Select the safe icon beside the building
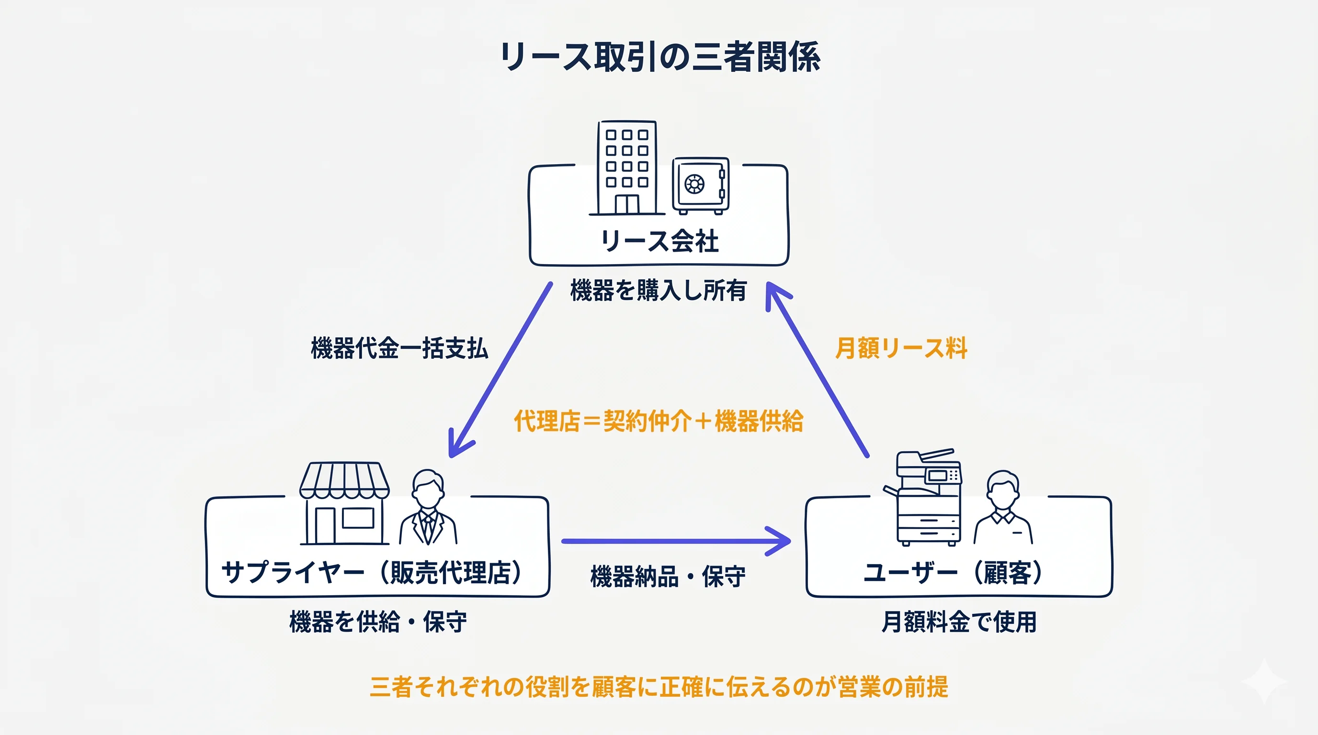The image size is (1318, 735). (x=700, y=185)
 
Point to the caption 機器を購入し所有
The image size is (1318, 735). (x=658, y=290)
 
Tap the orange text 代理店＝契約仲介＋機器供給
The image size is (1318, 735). (x=658, y=421)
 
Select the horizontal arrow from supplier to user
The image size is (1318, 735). (x=675, y=541)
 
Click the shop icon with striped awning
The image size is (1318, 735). (x=344, y=503)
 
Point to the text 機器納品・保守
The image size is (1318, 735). (x=668, y=577)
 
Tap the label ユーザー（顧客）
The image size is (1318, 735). (x=953, y=572)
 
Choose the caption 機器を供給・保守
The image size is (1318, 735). (x=377, y=622)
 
